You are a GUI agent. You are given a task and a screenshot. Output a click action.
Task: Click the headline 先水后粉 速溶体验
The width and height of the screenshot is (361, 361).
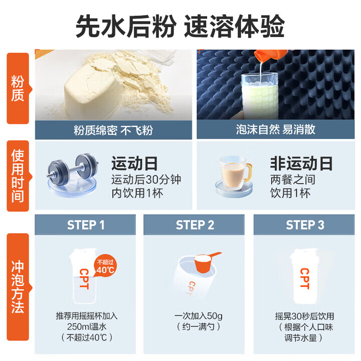coord(180,25)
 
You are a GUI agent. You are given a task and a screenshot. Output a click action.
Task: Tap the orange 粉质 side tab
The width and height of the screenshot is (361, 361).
coord(18,88)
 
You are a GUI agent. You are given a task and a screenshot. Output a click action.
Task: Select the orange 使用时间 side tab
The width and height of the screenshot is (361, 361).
coord(18,175)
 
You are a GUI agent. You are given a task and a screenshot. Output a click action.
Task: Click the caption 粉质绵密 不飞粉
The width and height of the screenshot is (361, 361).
coord(113,130)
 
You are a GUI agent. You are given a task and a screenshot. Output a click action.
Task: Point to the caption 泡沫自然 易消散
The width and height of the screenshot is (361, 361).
coord(276,130)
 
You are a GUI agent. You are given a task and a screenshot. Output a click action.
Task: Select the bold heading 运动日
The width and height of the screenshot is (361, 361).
coord(134,163)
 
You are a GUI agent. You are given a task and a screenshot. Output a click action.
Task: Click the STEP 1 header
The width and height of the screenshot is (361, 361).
coord(86,225)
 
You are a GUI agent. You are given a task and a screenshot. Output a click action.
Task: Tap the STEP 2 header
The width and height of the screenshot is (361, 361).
coord(195,225)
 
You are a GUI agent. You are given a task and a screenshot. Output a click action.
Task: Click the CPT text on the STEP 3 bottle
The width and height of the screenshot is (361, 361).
coord(304,278)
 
